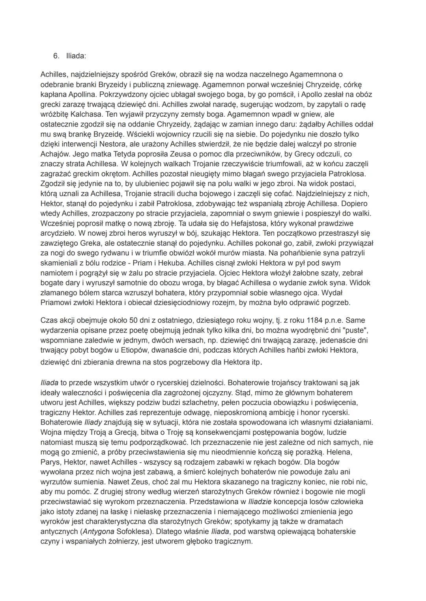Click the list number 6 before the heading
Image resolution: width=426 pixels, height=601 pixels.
(56, 56)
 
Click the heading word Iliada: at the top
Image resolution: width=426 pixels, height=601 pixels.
(76, 56)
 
